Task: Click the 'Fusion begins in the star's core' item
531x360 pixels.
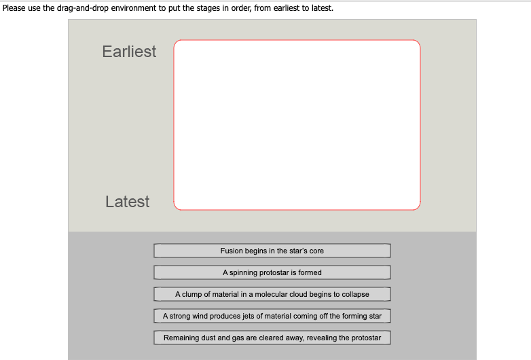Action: (272, 251)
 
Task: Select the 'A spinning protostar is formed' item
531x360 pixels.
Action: (272, 272)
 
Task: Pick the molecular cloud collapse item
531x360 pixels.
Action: (272, 294)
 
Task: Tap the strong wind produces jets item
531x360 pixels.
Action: (272, 316)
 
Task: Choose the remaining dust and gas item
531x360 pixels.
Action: (272, 338)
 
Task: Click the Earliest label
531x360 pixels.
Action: (129, 52)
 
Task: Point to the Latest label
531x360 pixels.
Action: (128, 202)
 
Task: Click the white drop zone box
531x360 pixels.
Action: (297, 125)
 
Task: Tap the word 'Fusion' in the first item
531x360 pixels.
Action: (231, 251)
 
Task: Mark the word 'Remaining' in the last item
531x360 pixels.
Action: (180, 338)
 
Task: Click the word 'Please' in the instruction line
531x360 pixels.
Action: (13, 9)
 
